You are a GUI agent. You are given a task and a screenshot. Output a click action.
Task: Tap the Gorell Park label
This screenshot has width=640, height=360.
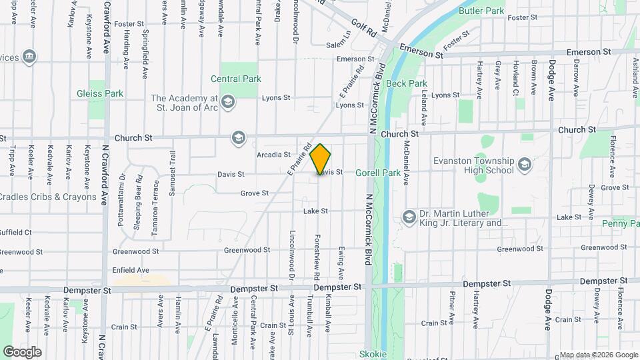point(377,173)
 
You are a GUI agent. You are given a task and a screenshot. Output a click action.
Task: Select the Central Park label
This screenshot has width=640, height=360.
point(235,79)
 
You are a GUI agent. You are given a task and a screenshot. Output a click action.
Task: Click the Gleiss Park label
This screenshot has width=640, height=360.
point(100,94)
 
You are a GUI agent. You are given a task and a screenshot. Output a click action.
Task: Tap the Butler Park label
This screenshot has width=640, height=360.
point(481,11)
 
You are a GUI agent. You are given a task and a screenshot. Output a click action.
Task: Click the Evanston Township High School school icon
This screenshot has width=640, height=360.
point(525,163)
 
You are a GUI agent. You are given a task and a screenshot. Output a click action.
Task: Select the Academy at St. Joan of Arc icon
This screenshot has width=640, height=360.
point(228,101)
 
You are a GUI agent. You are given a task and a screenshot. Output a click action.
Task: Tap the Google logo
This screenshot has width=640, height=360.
point(23,351)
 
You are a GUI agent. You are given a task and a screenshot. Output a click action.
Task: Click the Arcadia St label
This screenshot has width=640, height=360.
point(273,155)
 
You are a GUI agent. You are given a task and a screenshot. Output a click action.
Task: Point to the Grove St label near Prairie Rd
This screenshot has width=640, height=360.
point(255,193)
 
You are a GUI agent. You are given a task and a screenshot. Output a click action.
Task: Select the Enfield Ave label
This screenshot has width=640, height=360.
point(131,270)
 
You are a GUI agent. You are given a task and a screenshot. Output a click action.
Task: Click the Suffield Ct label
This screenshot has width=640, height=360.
point(16,233)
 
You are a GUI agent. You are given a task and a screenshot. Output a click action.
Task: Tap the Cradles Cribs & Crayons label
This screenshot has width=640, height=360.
point(48,197)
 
